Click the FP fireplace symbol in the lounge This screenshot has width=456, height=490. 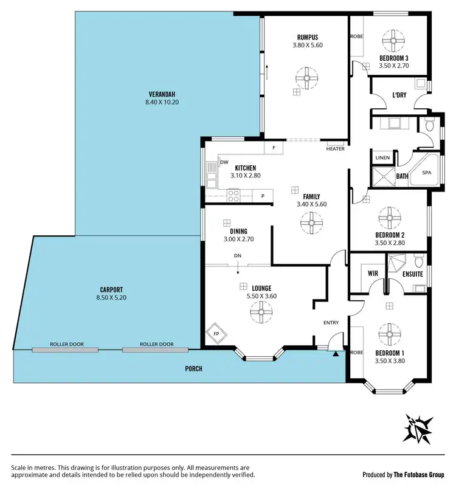[x=216, y=334]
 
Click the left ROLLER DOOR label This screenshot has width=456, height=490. [x=66, y=344]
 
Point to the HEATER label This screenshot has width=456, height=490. [x=335, y=149]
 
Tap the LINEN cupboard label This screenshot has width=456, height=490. [x=382, y=157]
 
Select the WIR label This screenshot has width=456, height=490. [x=373, y=274]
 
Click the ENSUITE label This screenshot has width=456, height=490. [x=413, y=274]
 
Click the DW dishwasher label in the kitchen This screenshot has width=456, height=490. [x=224, y=162]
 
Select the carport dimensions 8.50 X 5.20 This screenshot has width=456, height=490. [x=111, y=298]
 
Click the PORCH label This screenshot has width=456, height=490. [x=193, y=369]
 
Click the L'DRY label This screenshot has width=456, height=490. [x=399, y=95]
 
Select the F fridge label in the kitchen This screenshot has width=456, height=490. [x=274, y=148]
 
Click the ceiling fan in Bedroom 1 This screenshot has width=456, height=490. [x=388, y=332]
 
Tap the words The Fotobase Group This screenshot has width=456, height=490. [x=420, y=475]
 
